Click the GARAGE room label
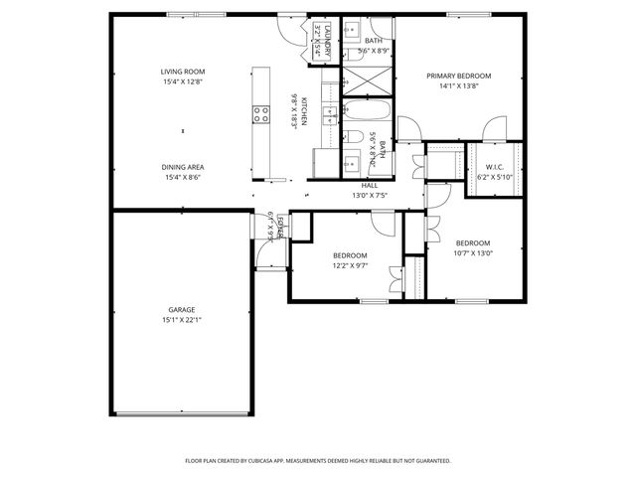tap(181, 309)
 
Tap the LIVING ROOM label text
tap(183, 72)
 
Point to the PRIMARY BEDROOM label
tap(459, 76)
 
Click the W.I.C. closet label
tap(489, 167)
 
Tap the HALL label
tap(369, 185)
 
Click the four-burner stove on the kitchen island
tap(262, 114)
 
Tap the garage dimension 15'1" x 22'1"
tap(181, 320)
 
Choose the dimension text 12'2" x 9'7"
tap(350, 265)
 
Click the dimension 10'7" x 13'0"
tap(473, 253)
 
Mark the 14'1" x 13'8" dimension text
tap(459, 86)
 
